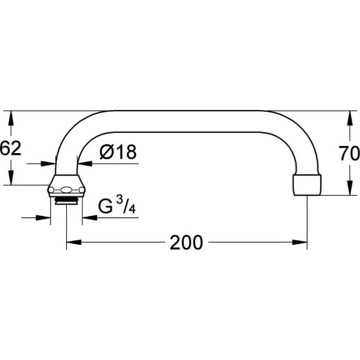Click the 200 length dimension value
pos(186,242)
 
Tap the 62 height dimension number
pos(10,148)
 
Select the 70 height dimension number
pos(350,153)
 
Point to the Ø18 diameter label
pos(118,152)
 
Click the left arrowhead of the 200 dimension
pos(74,242)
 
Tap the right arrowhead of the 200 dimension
pos(300,242)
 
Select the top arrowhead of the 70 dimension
pos(350,118)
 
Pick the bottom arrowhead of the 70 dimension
pos(350,188)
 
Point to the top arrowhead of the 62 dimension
pos(10,118)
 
